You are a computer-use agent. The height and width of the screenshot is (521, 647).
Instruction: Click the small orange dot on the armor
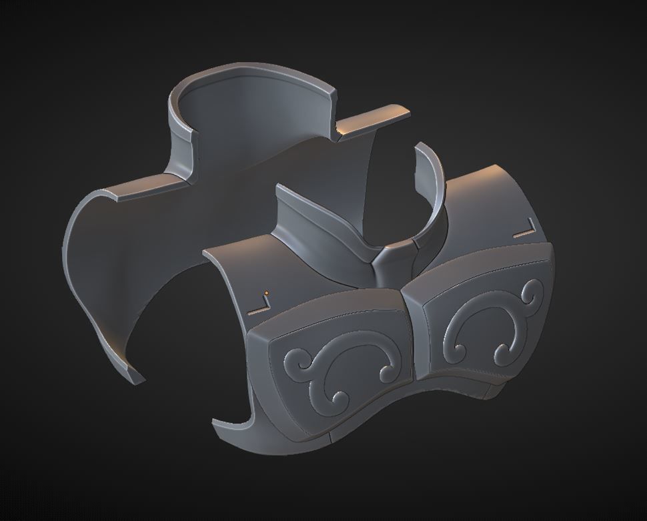(x=266, y=292)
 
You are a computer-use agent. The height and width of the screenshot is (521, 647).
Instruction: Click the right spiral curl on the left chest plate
(x=386, y=368)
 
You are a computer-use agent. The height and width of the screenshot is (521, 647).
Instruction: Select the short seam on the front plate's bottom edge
(x=331, y=438)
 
